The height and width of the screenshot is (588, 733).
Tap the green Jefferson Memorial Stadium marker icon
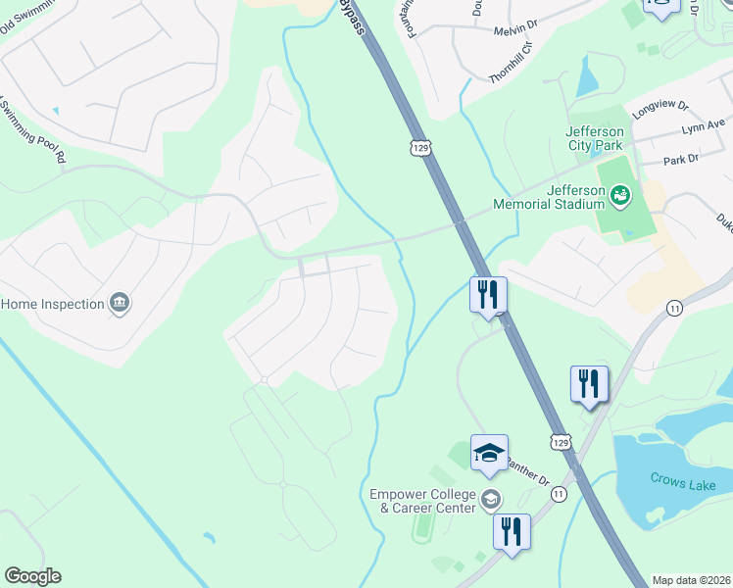619,197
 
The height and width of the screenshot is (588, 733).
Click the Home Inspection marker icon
120,303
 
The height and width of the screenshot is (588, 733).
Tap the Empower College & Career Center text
422,501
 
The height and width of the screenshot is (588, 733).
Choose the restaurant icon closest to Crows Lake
589,383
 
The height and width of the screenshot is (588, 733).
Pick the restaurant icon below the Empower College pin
511,532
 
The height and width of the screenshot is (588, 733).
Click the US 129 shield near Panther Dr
560,442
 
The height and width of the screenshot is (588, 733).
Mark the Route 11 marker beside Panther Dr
559,496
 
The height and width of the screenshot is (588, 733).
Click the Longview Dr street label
661,108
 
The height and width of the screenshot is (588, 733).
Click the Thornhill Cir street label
513,60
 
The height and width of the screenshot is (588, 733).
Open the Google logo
32,576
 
